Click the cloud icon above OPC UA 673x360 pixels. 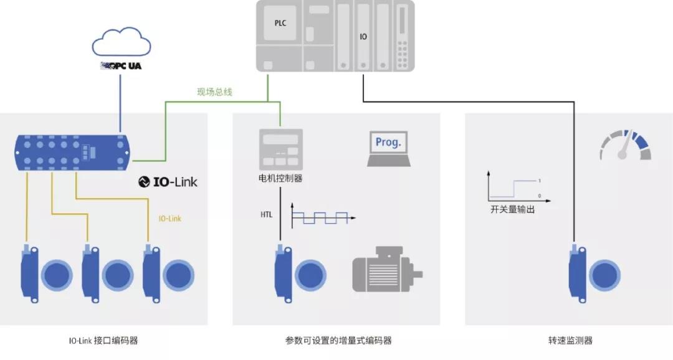(122, 42)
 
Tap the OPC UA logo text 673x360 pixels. (121, 65)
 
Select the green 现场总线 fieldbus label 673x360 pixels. (214, 92)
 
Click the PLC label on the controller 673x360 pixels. (280, 23)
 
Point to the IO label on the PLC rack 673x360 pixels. (363, 37)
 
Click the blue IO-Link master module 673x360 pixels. (72, 152)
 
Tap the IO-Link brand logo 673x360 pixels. (168, 182)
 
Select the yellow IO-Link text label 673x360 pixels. (170, 219)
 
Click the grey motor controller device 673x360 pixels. (280, 149)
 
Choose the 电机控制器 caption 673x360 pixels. (280, 178)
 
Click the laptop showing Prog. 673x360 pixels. (389, 148)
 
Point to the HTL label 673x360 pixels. (266, 214)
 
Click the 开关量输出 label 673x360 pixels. (512, 209)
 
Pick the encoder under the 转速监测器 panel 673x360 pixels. (594, 274)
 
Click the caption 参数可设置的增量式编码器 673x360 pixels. (338, 341)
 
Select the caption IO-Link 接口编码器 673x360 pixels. (103, 341)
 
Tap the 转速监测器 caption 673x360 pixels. (570, 341)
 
